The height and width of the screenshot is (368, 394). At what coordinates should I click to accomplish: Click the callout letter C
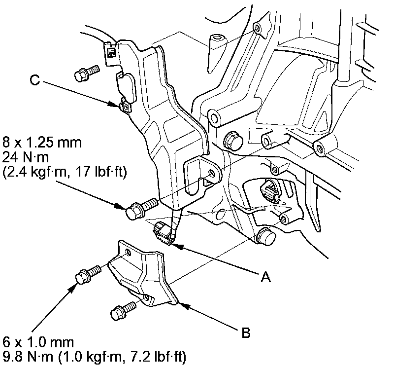34,80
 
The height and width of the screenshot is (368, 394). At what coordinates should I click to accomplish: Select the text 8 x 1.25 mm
42,143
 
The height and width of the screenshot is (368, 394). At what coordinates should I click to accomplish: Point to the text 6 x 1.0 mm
38,342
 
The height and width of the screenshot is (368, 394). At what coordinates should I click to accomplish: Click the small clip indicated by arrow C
125,106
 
